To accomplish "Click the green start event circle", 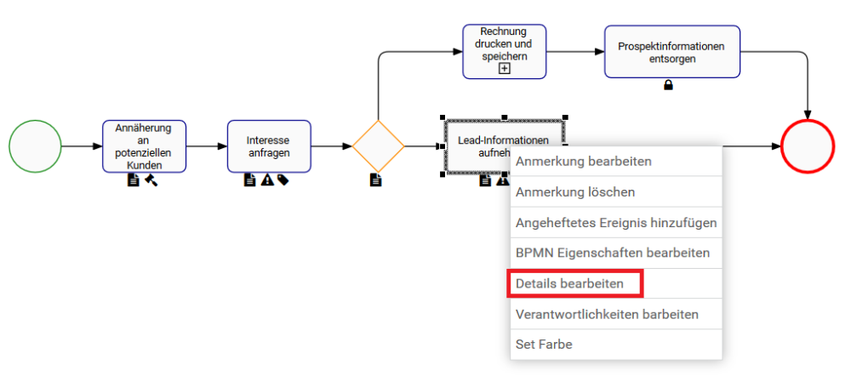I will [35, 146].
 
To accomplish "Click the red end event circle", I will [807, 146].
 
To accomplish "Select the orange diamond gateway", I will [378, 146].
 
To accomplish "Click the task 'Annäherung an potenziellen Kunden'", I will [145, 146].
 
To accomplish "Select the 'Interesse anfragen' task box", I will [269, 146].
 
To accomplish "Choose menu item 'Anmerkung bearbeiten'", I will [584, 161].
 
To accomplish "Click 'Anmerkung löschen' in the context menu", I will [575, 192].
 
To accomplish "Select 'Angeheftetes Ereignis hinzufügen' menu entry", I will [616, 223].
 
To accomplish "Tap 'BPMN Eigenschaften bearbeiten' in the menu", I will [613, 253].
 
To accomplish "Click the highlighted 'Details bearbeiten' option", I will [570, 283].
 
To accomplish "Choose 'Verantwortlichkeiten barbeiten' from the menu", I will [607, 314].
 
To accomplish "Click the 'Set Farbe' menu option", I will [544, 345].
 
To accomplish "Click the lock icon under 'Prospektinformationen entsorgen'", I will [668, 84].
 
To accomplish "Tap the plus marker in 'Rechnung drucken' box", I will [504, 69].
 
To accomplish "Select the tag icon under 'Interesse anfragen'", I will [283, 180].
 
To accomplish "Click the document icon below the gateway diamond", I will [376, 180].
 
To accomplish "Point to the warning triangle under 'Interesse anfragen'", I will [266, 180].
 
